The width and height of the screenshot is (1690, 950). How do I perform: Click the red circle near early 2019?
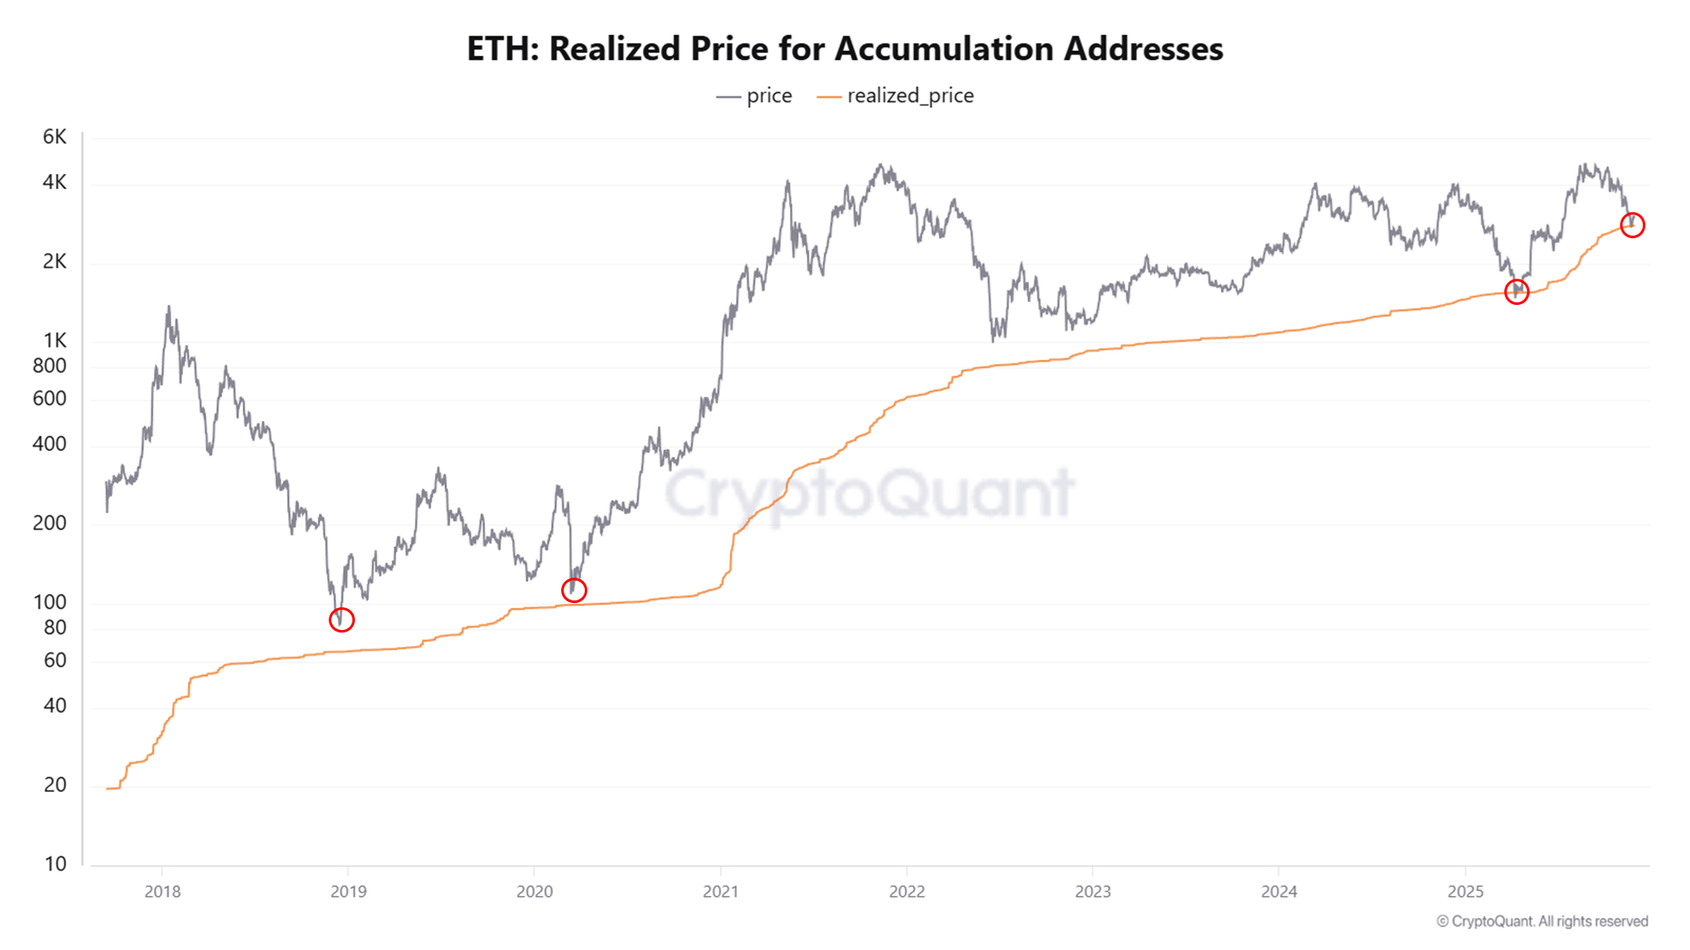(x=341, y=620)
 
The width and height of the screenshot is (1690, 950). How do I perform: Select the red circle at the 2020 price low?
(x=574, y=590)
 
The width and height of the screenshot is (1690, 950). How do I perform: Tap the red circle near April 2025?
(x=1516, y=292)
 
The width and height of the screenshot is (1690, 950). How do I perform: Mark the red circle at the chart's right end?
(x=1632, y=225)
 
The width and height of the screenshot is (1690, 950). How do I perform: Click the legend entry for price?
(x=755, y=96)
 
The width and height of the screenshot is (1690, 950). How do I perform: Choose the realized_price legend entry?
(x=897, y=96)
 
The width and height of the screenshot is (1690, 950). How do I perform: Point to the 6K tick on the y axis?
(x=54, y=137)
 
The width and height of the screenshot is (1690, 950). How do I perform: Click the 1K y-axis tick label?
(x=54, y=340)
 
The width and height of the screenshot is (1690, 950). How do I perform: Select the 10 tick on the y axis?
(x=55, y=864)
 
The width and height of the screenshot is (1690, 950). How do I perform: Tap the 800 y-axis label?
(x=49, y=366)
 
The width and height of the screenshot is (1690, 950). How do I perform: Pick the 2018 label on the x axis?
(x=162, y=892)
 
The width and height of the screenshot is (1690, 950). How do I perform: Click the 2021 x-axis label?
(x=721, y=892)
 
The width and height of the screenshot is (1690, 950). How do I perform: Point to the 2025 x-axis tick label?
(x=1465, y=892)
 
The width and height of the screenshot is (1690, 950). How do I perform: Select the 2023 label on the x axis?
(x=1093, y=892)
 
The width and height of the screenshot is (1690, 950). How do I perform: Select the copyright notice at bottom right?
(x=1542, y=921)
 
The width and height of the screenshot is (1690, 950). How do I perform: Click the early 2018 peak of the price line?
(x=168, y=308)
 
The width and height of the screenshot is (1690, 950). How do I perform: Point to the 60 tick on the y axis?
(x=55, y=660)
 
